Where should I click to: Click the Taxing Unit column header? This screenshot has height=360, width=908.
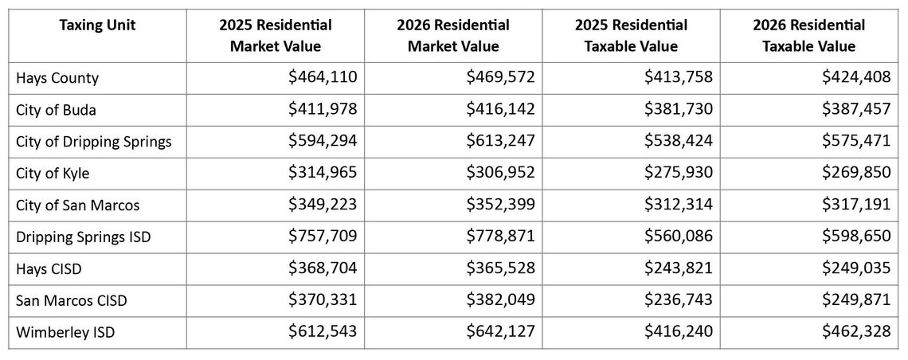tap(97, 25)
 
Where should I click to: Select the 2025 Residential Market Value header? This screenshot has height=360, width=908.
tap(276, 36)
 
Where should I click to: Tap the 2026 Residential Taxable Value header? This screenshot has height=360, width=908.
tap(808, 36)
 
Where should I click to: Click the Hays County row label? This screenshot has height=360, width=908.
tap(57, 78)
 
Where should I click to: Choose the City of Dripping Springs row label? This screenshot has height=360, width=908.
tap(93, 142)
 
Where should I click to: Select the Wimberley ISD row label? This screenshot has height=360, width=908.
tap(65, 332)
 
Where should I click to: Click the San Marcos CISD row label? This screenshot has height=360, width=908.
tap(72, 300)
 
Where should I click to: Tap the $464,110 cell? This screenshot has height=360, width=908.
tap(323, 77)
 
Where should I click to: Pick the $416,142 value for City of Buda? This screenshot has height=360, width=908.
tap(500, 109)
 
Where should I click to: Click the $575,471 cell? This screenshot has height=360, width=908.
tap(856, 141)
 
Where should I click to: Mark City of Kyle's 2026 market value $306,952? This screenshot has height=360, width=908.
tap(500, 173)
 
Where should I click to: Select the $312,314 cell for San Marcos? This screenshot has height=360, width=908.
tap(679, 205)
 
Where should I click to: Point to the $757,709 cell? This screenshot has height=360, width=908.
tap(323, 237)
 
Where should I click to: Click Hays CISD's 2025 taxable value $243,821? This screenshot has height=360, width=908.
tap(679, 268)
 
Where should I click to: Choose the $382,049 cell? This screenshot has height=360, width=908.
tap(500, 299)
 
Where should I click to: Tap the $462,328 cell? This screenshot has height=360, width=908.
tap(856, 331)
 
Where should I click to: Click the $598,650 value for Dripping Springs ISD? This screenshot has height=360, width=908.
tap(856, 237)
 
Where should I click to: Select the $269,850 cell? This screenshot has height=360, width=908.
tap(856, 173)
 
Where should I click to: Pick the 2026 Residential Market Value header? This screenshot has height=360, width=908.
tap(453, 36)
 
